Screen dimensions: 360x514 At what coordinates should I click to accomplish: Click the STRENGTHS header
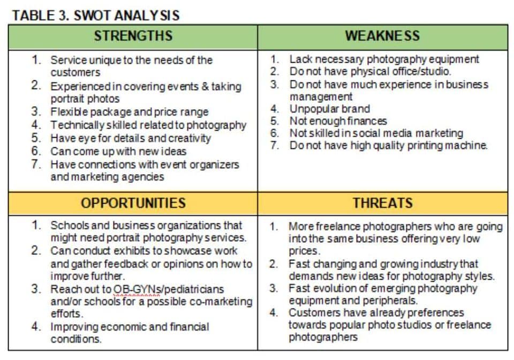[x=133, y=36]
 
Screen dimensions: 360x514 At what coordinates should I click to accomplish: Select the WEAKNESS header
[x=382, y=36]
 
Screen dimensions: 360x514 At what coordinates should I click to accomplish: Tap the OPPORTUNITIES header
[x=133, y=203]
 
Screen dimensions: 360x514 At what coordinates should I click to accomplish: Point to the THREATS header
[x=382, y=203]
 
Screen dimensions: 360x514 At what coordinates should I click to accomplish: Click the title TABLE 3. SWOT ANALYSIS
[x=96, y=15]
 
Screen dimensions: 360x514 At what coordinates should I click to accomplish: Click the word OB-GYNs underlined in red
[x=137, y=289]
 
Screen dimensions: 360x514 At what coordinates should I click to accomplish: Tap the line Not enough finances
[x=338, y=121]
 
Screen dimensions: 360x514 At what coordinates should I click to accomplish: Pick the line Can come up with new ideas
[x=118, y=151]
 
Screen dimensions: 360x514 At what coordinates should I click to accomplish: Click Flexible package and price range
[x=130, y=112]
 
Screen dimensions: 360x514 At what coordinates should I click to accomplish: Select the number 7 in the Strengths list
[x=36, y=164]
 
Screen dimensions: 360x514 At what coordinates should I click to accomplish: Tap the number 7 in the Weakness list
[x=275, y=145]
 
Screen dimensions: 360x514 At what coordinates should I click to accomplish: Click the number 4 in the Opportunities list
[x=36, y=326]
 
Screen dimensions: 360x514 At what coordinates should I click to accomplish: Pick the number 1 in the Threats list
[x=274, y=226]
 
